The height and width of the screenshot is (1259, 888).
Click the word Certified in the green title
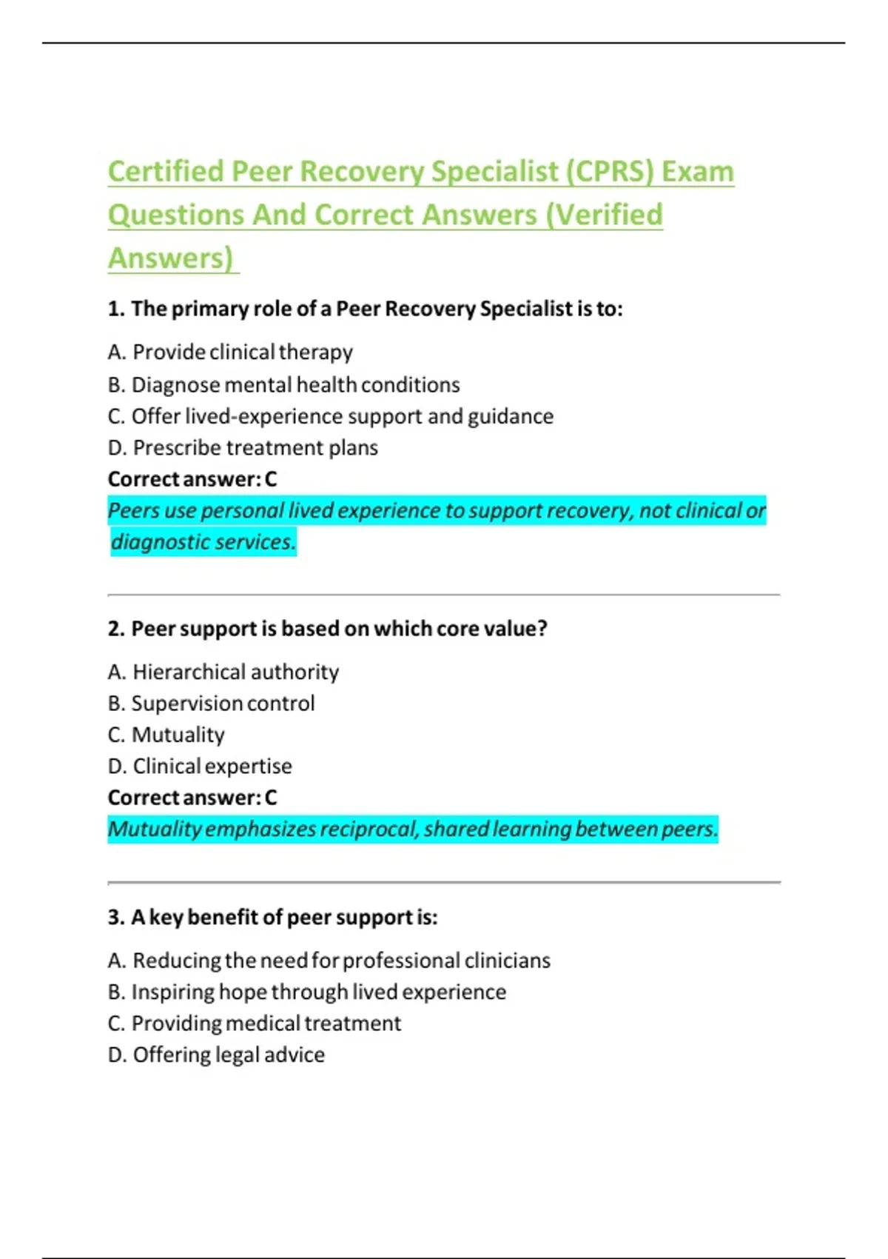click(166, 172)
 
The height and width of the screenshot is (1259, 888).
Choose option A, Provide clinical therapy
click(230, 352)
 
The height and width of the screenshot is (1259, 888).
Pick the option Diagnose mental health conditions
click(283, 385)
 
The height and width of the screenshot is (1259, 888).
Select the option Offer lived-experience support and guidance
click(330, 416)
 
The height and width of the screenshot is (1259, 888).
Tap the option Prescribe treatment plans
click(243, 448)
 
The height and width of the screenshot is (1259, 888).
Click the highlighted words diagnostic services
click(203, 542)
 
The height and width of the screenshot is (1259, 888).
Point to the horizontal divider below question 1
click(444, 595)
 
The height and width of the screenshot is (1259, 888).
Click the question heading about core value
click(327, 629)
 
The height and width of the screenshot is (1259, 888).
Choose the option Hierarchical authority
click(223, 672)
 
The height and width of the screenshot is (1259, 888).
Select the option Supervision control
click(211, 704)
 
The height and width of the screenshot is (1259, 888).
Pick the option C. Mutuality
click(166, 735)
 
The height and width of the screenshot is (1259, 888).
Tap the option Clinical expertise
click(200, 766)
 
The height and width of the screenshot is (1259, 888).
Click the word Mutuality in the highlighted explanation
click(155, 829)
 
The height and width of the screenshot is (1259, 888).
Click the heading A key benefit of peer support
click(272, 918)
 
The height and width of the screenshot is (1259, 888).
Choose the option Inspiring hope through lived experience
click(307, 992)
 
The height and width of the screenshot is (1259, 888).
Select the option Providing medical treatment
click(255, 1023)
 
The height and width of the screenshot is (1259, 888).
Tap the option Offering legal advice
click(216, 1055)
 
